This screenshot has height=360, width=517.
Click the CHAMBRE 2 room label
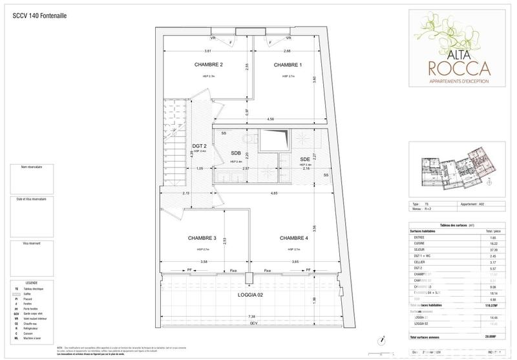tap(208, 65)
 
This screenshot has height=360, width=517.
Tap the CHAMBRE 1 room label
tap(288, 65)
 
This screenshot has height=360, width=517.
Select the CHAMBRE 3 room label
tap(202, 238)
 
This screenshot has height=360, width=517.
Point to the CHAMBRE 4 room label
tap(294, 238)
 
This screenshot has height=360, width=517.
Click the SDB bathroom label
tap(236, 153)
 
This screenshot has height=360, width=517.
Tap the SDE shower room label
tap(304, 159)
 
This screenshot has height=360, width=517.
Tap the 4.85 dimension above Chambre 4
tap(275, 193)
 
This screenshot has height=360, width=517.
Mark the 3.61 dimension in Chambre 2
tap(208, 51)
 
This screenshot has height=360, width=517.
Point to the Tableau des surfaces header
tap(456, 224)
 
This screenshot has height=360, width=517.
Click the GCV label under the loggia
tap(246, 323)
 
